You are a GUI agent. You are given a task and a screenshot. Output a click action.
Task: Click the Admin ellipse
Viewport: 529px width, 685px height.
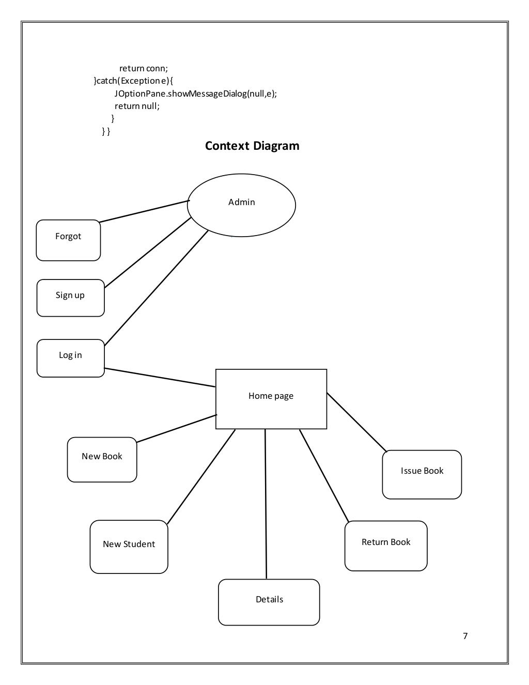point(241,205)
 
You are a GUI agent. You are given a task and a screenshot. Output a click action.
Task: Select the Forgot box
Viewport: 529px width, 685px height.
point(68,240)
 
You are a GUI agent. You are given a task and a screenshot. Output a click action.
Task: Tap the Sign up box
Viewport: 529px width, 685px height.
point(70,298)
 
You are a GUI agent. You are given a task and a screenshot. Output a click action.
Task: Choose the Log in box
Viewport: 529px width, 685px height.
point(70,358)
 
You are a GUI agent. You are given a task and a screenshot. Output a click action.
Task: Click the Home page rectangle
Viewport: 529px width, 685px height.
point(271,399)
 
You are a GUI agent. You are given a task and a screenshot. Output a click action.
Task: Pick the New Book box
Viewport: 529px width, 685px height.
point(102,459)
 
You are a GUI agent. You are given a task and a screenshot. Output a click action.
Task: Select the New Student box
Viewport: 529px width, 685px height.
point(129,547)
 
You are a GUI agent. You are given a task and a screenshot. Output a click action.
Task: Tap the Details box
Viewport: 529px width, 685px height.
point(269,602)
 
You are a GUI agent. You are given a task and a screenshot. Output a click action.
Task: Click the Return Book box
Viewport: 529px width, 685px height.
point(386,546)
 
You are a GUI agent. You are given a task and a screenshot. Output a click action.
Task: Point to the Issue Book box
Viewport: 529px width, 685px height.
point(422,474)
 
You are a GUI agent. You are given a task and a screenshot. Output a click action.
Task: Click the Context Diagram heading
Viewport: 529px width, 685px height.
point(252,146)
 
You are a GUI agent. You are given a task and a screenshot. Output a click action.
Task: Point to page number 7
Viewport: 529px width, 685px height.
point(465,636)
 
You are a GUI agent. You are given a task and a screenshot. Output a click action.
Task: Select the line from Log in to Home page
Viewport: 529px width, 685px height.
point(160,377)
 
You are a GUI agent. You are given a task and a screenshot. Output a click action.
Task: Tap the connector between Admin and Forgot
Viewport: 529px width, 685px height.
point(144,211)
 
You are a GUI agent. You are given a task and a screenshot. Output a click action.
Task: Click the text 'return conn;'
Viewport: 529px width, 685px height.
point(144,68)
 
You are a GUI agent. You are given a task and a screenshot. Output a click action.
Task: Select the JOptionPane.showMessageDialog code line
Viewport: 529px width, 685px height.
point(196,94)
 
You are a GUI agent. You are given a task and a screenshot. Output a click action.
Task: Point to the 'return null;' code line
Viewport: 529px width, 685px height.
point(137,106)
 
